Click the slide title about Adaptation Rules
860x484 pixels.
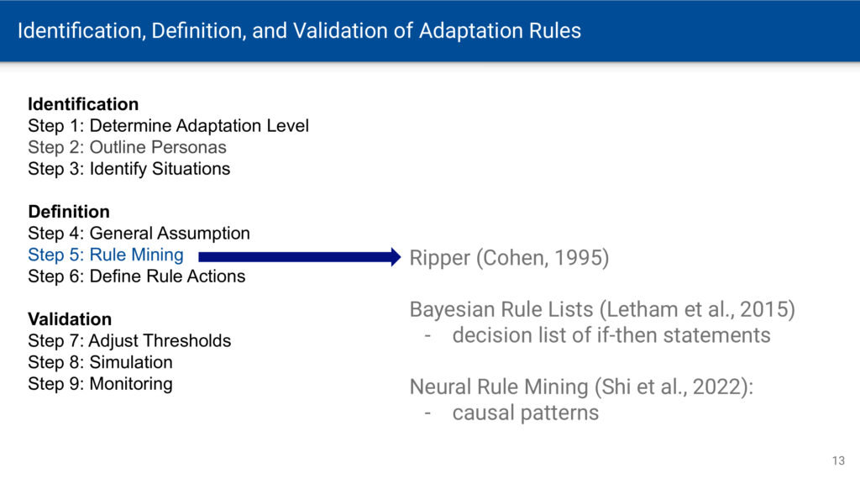tap(299, 31)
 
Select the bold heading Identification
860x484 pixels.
tap(83, 104)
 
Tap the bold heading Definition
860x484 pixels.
tap(69, 212)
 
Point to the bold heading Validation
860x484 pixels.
tap(70, 319)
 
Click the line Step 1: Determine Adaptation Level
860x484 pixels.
tap(168, 126)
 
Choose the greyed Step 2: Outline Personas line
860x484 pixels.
tap(128, 147)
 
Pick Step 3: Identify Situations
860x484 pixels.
tap(128, 168)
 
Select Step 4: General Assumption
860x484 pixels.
tap(139, 234)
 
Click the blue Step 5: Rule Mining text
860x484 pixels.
tap(106, 255)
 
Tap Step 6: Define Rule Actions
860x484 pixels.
tap(137, 276)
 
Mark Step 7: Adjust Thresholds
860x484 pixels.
tap(129, 341)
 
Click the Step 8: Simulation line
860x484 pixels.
tap(101, 362)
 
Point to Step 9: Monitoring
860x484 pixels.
tap(101, 383)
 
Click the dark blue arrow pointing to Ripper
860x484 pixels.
tap(300, 257)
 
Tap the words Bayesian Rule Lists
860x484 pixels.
tap(501, 309)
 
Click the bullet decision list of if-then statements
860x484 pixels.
tap(611, 335)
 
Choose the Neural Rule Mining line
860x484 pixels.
tap(581, 387)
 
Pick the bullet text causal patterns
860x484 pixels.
tap(526, 413)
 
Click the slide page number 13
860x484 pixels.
tap(839, 461)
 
